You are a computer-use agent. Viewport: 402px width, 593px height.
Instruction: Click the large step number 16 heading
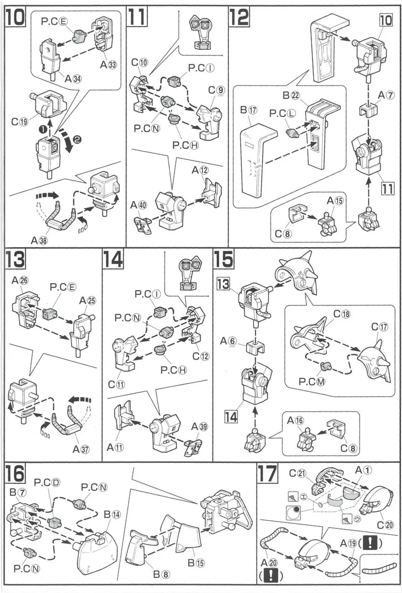click(x=15, y=473)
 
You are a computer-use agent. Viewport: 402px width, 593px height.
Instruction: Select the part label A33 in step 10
click(x=108, y=64)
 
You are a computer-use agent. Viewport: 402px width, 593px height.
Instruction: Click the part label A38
click(x=40, y=240)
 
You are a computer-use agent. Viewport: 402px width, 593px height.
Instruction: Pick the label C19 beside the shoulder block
click(x=19, y=122)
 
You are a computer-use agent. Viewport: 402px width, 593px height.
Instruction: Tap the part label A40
click(x=139, y=205)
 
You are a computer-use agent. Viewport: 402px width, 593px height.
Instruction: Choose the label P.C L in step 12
click(x=282, y=113)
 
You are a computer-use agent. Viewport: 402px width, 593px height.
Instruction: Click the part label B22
click(x=291, y=95)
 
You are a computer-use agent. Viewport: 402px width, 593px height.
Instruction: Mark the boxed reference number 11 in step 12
click(x=387, y=189)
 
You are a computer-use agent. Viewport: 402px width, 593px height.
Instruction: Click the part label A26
click(x=20, y=280)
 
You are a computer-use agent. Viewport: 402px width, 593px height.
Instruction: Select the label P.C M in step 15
click(x=312, y=381)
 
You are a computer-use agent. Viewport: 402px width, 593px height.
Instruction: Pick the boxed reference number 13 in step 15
click(x=224, y=284)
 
